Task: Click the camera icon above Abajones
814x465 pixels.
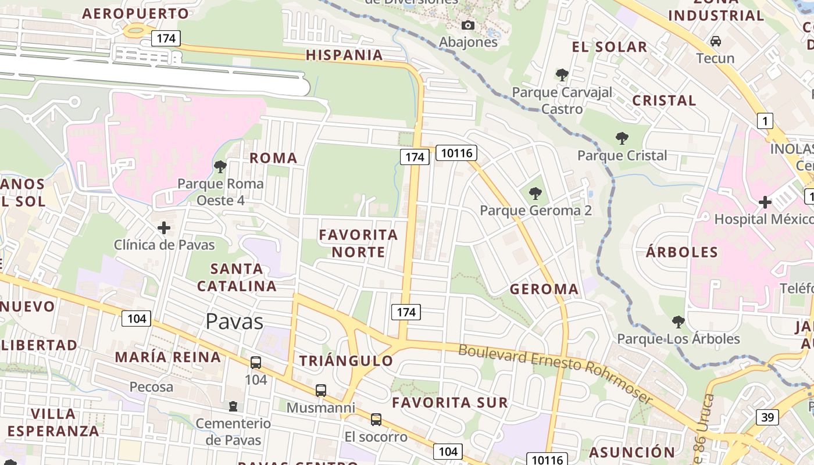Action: coord(467,25)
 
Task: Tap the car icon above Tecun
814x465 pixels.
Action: coord(716,41)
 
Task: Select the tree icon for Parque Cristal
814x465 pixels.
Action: coord(622,138)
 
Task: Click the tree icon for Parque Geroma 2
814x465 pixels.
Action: coord(535,193)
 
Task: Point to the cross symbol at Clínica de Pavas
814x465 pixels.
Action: coord(164,227)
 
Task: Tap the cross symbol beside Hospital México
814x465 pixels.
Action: coord(765,202)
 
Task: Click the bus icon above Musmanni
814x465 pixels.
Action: coord(320,390)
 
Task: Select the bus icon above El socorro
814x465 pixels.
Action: coord(376,419)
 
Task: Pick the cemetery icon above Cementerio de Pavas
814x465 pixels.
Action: coord(233,406)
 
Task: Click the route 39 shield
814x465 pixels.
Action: coord(767,417)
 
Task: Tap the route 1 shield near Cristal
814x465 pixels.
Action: coord(765,121)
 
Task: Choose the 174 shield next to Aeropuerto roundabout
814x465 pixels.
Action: coord(166,38)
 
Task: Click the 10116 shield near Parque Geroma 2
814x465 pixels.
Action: coord(456,153)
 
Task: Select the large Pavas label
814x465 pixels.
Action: coord(234,321)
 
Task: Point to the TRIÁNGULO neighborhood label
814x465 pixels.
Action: coord(346,360)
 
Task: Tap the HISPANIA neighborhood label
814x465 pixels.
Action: coord(344,55)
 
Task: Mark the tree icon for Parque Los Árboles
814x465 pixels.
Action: coord(678,321)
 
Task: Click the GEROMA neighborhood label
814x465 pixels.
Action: coord(544,289)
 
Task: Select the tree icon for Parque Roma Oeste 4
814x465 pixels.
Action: coord(220,167)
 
